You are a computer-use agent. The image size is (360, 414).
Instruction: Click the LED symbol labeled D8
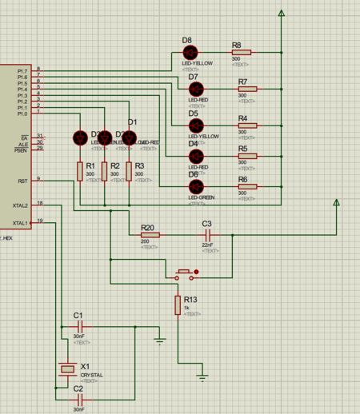click(190, 53)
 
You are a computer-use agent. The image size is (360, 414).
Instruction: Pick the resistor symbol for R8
click(239, 53)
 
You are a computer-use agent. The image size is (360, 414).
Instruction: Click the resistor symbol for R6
click(246, 187)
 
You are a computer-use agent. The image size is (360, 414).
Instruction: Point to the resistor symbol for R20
click(150, 235)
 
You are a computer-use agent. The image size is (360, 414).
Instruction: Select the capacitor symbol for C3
click(209, 235)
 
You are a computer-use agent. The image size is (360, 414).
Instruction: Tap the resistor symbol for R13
click(177, 305)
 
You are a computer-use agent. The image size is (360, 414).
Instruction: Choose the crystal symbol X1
click(65, 369)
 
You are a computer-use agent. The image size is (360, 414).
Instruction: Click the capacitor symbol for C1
click(78, 327)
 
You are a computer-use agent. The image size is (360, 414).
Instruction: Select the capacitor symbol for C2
click(78, 398)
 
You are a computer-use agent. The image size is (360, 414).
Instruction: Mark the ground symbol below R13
click(203, 374)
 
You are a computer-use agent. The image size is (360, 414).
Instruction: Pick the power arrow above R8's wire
click(281, 14)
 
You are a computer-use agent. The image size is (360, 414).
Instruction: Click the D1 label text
click(133, 121)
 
